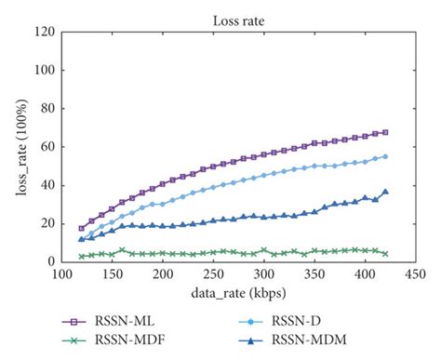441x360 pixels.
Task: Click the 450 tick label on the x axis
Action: coord(416,276)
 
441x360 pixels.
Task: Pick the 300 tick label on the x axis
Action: coord(264,276)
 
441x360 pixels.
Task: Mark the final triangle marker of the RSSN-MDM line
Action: coord(385,192)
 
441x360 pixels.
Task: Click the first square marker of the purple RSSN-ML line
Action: coord(82,228)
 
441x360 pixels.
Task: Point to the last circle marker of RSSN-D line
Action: coord(385,156)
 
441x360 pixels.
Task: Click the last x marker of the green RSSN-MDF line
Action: coord(385,253)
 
